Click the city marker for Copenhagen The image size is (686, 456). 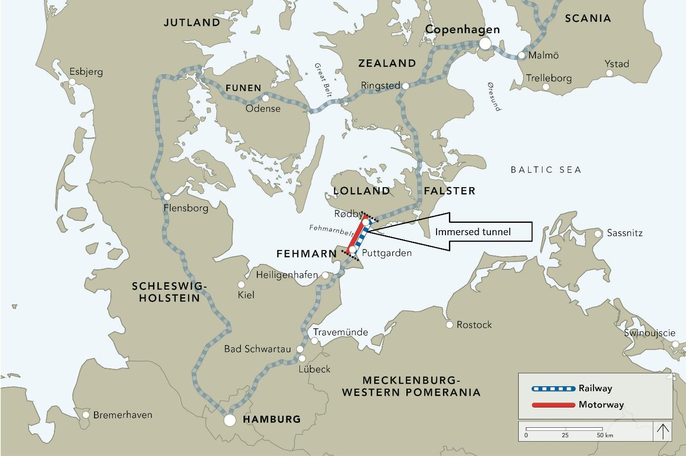pos(485,44)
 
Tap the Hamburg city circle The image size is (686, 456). pos(229,420)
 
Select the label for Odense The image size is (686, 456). pos(263,108)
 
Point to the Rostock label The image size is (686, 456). pos(474,325)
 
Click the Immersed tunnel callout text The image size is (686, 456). pos(473,232)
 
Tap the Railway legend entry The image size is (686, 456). pos(595,388)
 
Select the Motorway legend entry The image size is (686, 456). pos(601,405)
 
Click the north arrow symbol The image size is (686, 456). pos(663,431)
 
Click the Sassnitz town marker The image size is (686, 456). pos(598,233)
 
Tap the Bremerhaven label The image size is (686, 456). pos(123,415)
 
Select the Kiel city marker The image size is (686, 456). pos(242,285)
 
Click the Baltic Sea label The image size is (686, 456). pos(546,170)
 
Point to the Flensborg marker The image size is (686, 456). pos(168,196)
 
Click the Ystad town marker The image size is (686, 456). pos(610,73)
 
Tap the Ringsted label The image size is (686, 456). pos(380,86)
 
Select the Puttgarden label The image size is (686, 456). pos(387,253)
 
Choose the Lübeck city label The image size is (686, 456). pos(314,369)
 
